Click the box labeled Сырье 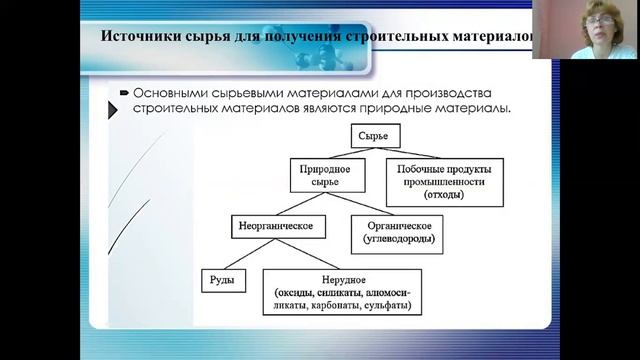tap(375, 132)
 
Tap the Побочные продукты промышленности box tap(444, 179)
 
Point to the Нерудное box tap(341, 289)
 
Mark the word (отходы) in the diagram tap(444, 195)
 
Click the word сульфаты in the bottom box tap(391, 305)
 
